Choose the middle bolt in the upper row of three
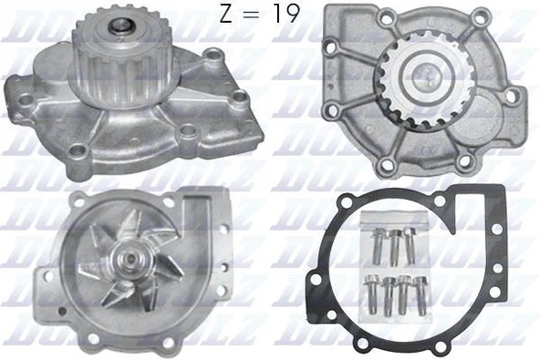click(x=395, y=244)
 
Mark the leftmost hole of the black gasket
click(x=316, y=274)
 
